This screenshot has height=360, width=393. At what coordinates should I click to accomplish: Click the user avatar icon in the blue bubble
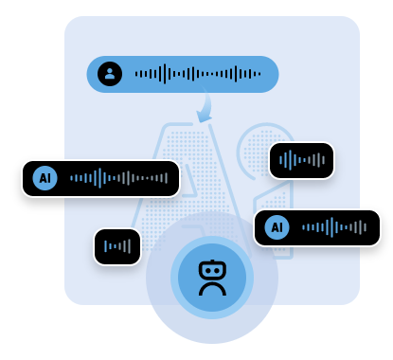tap(110, 74)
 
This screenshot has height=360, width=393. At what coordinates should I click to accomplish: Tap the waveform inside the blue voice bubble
tap(197, 74)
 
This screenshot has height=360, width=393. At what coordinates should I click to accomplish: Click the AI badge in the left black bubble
tap(45, 178)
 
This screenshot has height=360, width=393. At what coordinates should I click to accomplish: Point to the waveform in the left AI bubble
tap(118, 178)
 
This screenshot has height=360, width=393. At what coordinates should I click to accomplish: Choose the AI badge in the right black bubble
tap(277, 227)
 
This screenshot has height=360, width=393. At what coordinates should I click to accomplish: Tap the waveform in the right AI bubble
tap(333, 227)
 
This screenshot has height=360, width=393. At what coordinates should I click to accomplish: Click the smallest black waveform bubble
tap(117, 246)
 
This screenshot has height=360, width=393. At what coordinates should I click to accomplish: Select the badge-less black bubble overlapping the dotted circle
tap(301, 160)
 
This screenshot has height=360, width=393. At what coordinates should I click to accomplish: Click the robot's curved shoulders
tap(212, 287)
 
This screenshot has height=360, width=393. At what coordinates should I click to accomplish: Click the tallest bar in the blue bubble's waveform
tap(165, 74)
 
